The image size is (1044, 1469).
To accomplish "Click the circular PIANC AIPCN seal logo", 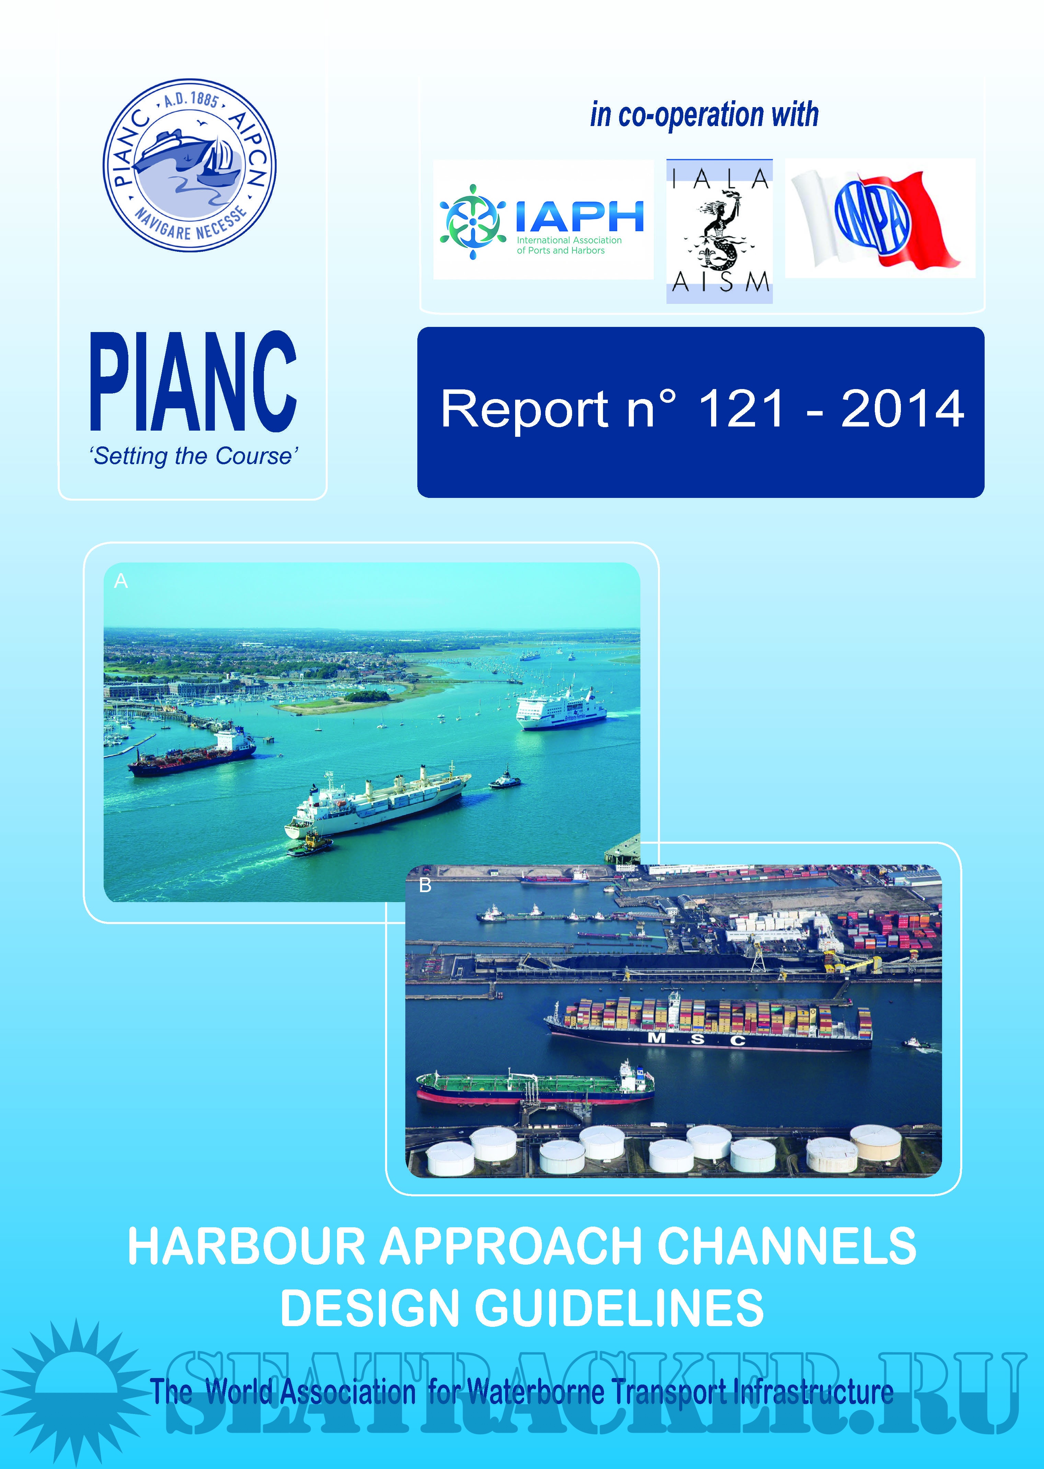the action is click(x=190, y=165).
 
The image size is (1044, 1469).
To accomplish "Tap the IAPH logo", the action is click(x=543, y=219).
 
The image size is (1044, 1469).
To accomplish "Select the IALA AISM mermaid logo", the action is click(x=719, y=231).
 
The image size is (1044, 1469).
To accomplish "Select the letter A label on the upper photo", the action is click(x=121, y=581).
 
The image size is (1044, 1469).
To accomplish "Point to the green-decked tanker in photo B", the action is click(x=535, y=1086).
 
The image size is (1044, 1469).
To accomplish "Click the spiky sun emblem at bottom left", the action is click(x=76, y=1389).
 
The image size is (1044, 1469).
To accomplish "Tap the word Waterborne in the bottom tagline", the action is click(x=535, y=1392).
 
